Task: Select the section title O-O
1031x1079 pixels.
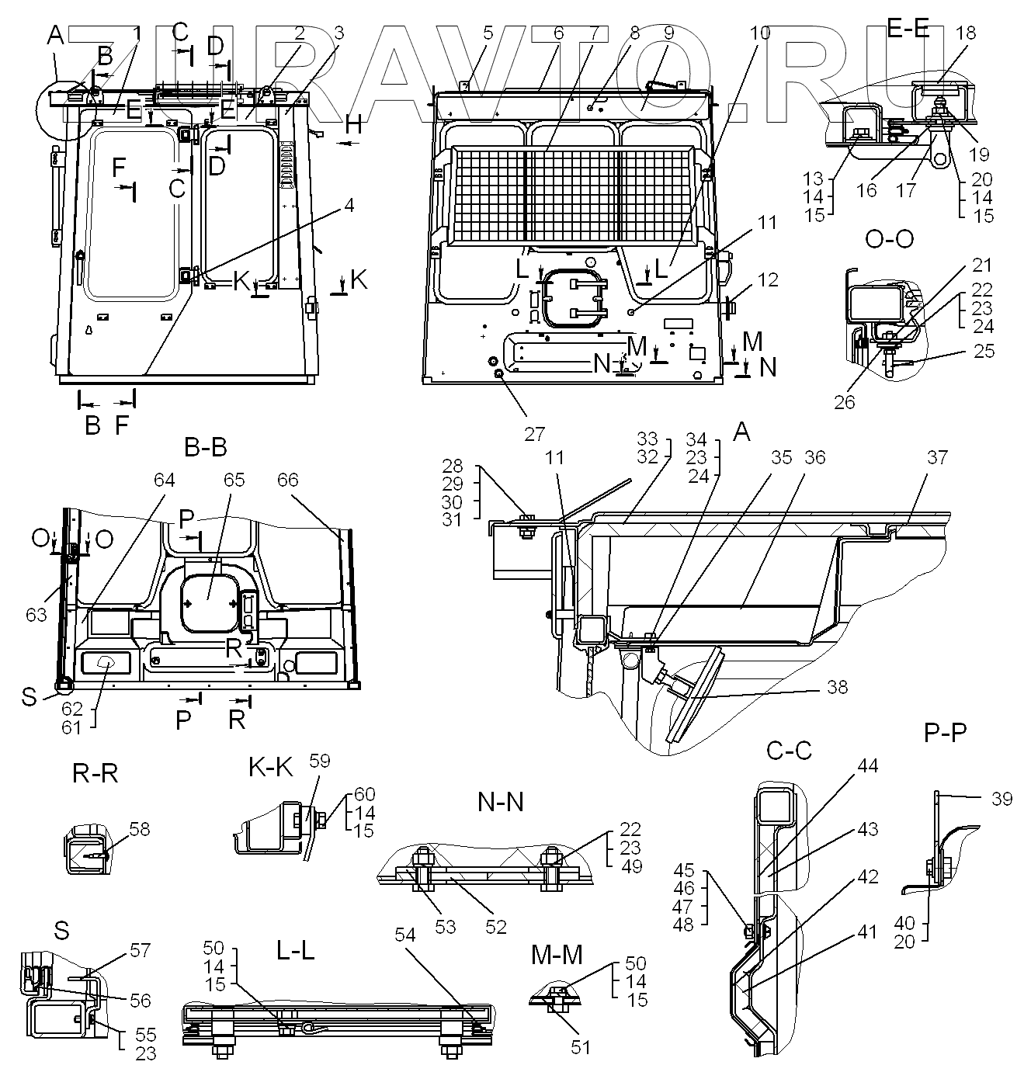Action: point(889,238)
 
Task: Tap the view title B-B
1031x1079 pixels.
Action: point(206,448)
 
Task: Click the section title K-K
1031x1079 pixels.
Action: point(271,768)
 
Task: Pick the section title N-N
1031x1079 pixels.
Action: point(501,801)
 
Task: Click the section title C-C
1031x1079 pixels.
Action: point(789,750)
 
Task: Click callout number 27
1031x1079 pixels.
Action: point(534,432)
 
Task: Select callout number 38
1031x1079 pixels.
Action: point(837,687)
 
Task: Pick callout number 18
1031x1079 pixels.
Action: point(967,33)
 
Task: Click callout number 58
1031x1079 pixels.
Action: point(140,829)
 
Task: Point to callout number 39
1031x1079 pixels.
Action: point(1001,798)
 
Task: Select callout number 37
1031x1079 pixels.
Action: point(937,457)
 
